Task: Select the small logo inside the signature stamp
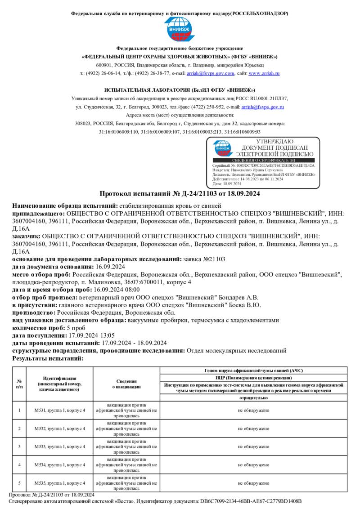223,148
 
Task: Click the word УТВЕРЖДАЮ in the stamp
274,142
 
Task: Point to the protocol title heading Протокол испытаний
180,194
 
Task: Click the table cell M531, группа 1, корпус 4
60,410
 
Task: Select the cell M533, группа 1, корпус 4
60,446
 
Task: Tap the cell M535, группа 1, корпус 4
60,483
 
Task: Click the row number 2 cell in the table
19,429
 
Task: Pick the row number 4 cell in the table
19,465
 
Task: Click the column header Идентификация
60,384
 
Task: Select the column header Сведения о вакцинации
126,384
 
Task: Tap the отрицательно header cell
254,398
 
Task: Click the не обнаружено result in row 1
254,410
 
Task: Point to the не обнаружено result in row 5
254,483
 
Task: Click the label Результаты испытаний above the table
48,358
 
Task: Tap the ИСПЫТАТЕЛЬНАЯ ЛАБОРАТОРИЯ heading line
180,90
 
